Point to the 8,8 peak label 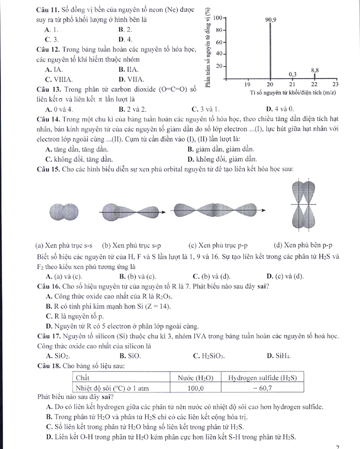click(x=315, y=69)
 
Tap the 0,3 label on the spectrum click(x=293, y=74)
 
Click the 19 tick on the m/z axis click(x=247, y=84)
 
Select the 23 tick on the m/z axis click(x=335, y=84)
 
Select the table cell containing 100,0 click(x=195, y=388)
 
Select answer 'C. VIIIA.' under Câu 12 click(x=59, y=79)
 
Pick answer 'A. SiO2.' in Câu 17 click(x=58, y=355)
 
